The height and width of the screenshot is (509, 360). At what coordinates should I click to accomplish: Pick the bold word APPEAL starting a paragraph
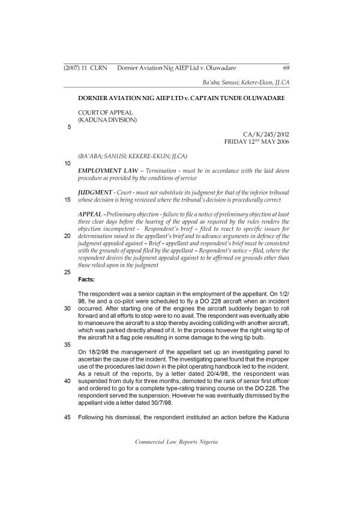90,214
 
